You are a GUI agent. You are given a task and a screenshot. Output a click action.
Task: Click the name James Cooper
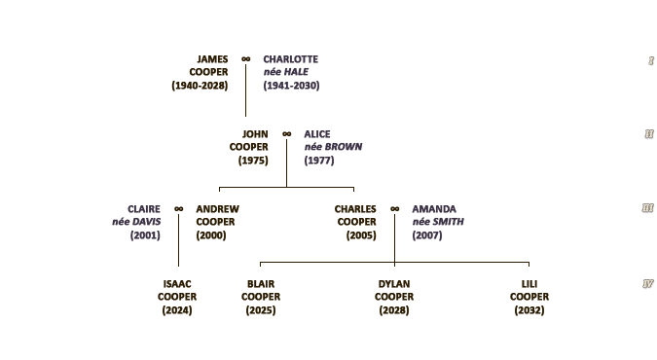coord(208,65)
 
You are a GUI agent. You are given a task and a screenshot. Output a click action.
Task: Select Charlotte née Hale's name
coord(291,65)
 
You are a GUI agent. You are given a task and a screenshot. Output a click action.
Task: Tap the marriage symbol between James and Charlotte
coord(246,59)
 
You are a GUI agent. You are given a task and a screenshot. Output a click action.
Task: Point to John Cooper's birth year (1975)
coord(253,161)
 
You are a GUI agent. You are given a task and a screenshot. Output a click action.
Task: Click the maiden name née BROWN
coord(333,147)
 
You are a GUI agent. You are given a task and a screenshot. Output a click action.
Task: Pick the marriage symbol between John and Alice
coord(286,134)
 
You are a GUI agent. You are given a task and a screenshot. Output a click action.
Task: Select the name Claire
coord(144,209)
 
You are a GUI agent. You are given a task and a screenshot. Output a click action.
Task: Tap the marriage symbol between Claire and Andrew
coord(179,209)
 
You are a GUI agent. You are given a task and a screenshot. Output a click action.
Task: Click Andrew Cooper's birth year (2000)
coord(211,235)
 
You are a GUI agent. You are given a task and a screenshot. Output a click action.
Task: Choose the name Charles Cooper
coord(355,215)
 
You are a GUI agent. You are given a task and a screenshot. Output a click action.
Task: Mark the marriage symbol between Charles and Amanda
coord(395,209)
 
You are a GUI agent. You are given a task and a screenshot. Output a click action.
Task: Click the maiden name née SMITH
coord(438,222)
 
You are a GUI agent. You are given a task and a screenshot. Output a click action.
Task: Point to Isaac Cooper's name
coord(177,290)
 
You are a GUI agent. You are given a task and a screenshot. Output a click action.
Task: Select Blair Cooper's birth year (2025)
coord(261,310)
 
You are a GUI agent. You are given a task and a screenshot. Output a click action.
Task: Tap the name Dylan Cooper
coord(394,290)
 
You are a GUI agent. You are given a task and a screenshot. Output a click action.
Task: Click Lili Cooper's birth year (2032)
coord(529,310)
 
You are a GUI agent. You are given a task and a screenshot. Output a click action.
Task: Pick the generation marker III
coord(648,208)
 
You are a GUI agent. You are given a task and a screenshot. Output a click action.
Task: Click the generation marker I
coord(651,60)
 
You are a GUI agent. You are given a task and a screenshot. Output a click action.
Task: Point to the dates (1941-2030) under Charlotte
coord(291,86)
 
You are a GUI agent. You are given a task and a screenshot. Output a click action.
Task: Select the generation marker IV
coord(648,284)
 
